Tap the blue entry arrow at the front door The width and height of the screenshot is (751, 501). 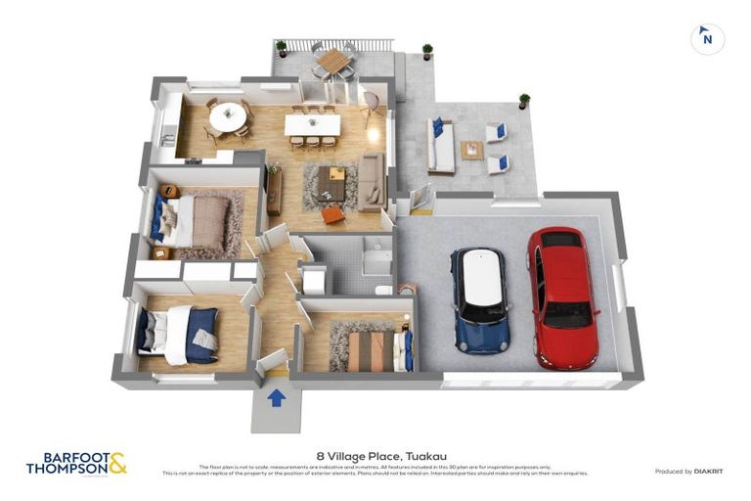click(276, 397)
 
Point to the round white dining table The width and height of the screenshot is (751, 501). click(229, 116)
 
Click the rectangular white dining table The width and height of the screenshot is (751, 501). click(312, 125)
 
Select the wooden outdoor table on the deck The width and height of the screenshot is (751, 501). click(334, 61)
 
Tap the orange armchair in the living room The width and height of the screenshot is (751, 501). click(333, 213)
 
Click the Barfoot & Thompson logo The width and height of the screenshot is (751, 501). click(75, 463)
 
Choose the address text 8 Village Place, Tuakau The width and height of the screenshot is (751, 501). click(375, 455)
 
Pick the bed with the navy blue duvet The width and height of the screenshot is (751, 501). click(181, 333)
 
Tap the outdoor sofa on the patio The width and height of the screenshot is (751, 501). click(441, 147)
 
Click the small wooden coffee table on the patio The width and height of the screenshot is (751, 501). click(472, 150)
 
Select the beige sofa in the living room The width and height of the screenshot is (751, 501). click(372, 182)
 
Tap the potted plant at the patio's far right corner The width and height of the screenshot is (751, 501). click(524, 100)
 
